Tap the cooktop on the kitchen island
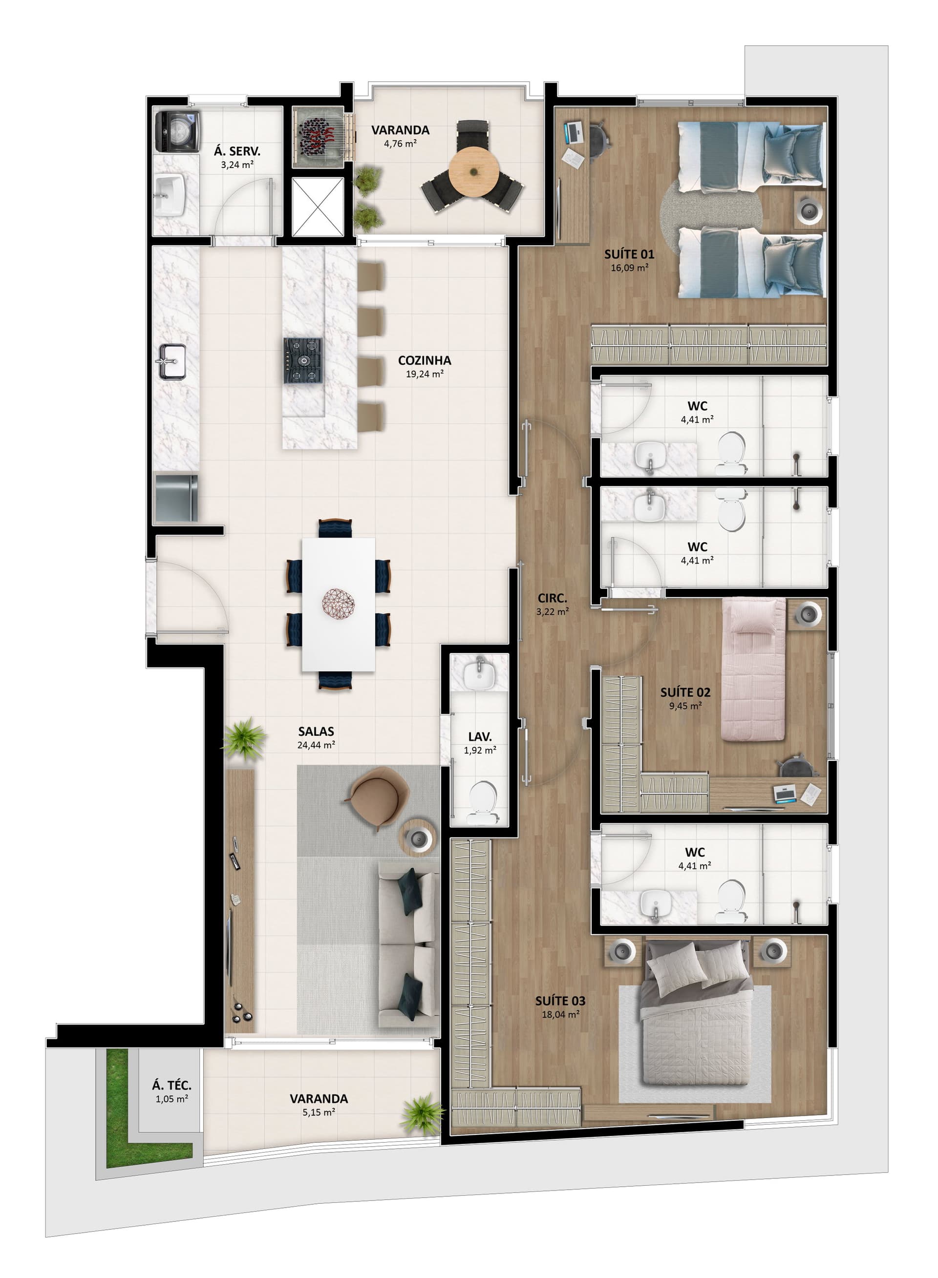(303, 360)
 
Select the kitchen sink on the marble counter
(172, 361)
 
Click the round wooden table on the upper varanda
(473, 172)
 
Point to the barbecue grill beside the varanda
(319, 137)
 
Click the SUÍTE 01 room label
(629, 254)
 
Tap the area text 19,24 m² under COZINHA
(425, 374)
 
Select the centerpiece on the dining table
(339, 603)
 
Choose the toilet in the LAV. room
(483, 802)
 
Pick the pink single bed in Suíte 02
(753, 670)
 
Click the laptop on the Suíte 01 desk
(574, 133)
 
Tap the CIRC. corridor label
(553, 598)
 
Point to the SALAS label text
(316, 732)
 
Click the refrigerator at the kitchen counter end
(176, 498)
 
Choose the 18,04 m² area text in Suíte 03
(560, 1015)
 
